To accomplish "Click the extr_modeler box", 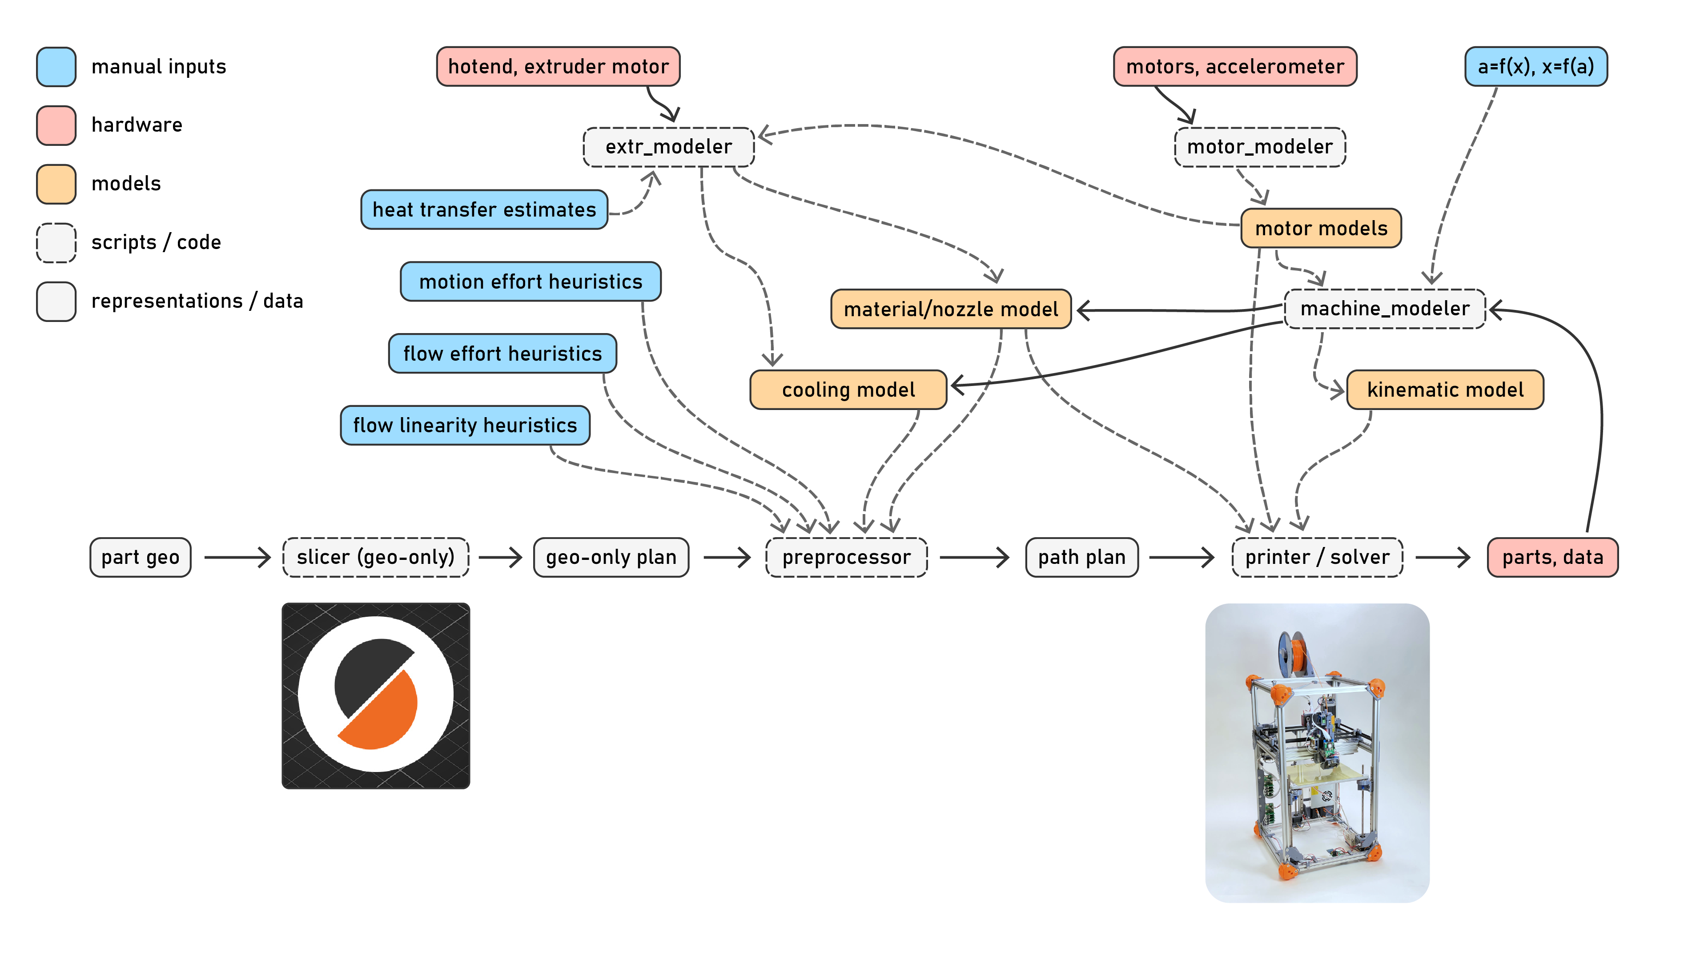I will click(x=668, y=147).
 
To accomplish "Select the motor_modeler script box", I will click(x=1260, y=147).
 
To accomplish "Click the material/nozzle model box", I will click(x=951, y=309).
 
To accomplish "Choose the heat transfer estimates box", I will click(x=484, y=209).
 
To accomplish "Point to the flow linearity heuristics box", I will click(x=465, y=425).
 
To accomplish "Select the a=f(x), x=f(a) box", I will click(x=1535, y=66).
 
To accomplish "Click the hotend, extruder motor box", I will click(x=558, y=66).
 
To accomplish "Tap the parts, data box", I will click(x=1552, y=557).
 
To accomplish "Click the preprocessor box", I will click(x=846, y=557).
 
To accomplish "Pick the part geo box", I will click(x=141, y=557).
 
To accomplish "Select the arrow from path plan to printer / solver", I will click(x=1181, y=557).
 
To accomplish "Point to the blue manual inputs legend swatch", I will click(x=56, y=66).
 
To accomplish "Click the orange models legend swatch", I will click(x=56, y=184).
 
